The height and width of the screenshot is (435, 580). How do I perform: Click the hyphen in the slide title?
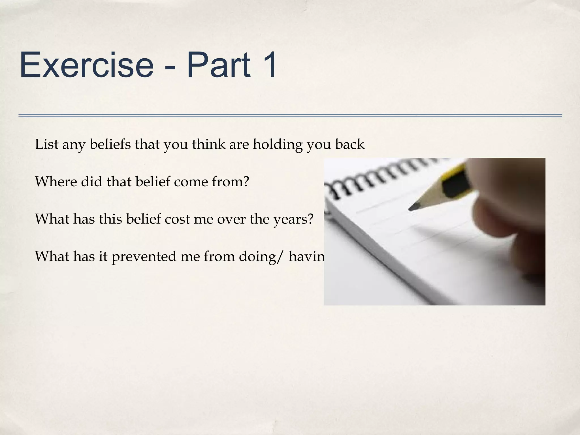[x=170, y=68]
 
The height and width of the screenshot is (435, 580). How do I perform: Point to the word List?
[x=46, y=144]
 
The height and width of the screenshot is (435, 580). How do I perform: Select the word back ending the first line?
[x=349, y=144]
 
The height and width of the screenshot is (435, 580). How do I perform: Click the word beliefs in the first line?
[x=110, y=144]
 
